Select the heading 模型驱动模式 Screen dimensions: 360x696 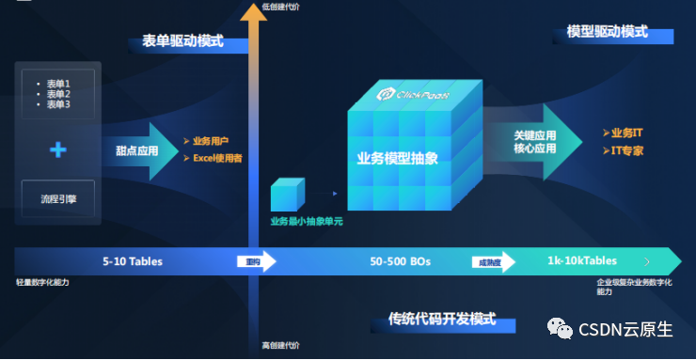tap(608, 32)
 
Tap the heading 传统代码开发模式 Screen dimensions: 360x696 tap(442, 320)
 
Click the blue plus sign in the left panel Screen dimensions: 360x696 tap(58, 149)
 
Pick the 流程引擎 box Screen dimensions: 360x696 tap(57, 200)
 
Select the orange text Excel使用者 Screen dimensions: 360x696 tap(217, 158)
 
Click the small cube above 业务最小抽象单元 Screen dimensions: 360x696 tap(288, 196)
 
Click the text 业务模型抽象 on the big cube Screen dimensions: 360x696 tap(398, 157)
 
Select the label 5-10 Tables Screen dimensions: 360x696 tap(133, 261)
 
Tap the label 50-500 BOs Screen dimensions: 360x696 tap(400, 261)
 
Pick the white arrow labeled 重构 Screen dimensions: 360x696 tap(254, 262)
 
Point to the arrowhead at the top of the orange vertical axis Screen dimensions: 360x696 tap(251, 11)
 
